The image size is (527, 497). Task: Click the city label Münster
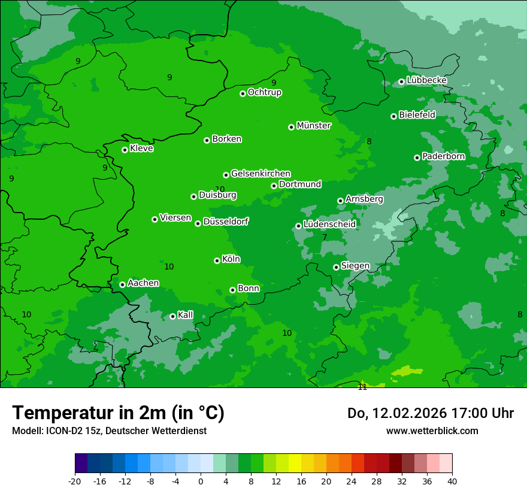[x=314, y=126]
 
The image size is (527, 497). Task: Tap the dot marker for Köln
[x=217, y=260]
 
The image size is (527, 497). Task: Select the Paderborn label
[x=443, y=156]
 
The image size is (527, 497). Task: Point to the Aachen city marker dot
[x=122, y=284]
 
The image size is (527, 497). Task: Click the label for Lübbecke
[x=426, y=80]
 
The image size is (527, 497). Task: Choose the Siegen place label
[x=356, y=266]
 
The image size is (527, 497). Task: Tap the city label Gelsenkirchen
[x=261, y=174]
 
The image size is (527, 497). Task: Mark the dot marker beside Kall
[x=172, y=316]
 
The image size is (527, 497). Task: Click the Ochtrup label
[x=265, y=92]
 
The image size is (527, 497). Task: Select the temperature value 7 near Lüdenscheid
[x=325, y=237]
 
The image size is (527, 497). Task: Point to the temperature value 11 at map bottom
[x=362, y=387]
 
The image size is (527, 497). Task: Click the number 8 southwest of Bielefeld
[x=369, y=141]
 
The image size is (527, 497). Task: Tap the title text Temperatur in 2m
[x=119, y=413]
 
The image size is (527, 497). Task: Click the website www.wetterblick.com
[x=432, y=431]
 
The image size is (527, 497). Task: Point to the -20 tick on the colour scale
[x=75, y=481]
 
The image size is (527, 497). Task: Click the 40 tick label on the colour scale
[x=452, y=481]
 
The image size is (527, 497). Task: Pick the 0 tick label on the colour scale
[x=201, y=481]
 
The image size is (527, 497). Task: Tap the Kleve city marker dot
[x=125, y=150]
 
